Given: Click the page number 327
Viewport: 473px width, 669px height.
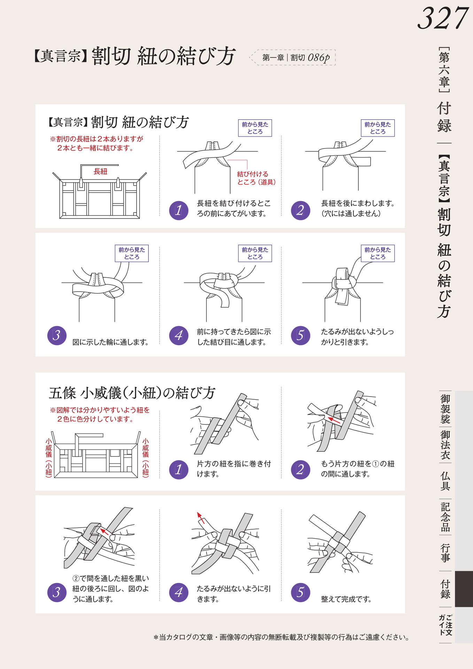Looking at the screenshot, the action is coord(443,18).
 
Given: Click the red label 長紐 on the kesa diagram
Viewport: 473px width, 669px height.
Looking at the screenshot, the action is coord(100,171).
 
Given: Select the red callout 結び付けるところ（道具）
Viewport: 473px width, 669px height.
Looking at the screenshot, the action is coord(256,178).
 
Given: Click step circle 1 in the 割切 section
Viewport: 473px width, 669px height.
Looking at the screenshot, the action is coord(178,210).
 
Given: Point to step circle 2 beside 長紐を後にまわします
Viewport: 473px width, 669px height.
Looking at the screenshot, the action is coord(300,210).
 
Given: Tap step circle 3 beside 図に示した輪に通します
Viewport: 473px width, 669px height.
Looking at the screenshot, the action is coord(57,335).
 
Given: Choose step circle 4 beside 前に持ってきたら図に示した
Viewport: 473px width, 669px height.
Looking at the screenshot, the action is coord(178,335).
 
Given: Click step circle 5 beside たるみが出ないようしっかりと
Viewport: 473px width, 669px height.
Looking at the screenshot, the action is coord(300,335).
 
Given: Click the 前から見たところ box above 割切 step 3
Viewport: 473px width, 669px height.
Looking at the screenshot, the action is coord(132,253).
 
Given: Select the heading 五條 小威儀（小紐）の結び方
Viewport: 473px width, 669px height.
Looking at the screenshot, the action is coord(132,393).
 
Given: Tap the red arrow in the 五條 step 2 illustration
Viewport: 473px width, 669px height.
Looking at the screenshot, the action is coord(334,420).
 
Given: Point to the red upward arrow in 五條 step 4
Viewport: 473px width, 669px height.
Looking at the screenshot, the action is coord(201,518).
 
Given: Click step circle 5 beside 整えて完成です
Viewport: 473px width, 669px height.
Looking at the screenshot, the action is coord(300,592).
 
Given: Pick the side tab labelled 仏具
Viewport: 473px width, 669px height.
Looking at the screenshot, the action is coord(445,481).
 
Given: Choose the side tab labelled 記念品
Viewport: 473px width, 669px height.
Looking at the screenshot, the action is coord(445,517).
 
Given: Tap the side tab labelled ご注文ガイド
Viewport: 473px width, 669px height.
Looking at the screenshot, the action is coord(445,625).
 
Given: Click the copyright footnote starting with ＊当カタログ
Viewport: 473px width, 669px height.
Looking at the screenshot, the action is coord(281,637).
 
